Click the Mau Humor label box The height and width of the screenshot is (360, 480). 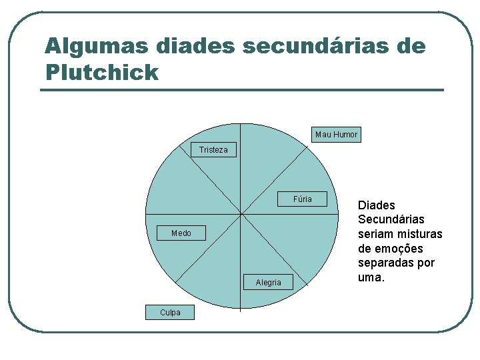pyautogui.click(x=336, y=135)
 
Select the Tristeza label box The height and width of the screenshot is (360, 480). pyautogui.click(x=213, y=150)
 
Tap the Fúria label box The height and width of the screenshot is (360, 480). pyautogui.click(x=302, y=199)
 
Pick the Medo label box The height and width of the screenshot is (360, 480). pyautogui.click(x=181, y=233)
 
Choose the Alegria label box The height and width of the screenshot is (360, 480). pyautogui.click(x=268, y=283)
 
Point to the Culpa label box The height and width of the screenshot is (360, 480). pyautogui.click(x=170, y=312)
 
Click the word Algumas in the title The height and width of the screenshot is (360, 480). pyautogui.click(x=96, y=47)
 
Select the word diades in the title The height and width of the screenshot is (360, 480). pyautogui.click(x=195, y=47)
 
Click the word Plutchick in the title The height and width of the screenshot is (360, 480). pyautogui.click(x=102, y=72)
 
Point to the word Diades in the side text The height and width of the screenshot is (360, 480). pyautogui.click(x=377, y=205)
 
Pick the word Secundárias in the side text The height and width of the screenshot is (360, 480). pyautogui.click(x=391, y=219)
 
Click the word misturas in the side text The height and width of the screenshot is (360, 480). pyautogui.click(x=421, y=234)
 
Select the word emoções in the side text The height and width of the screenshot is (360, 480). pyautogui.click(x=399, y=249)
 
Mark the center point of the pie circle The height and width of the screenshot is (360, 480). pyautogui.click(x=241, y=215)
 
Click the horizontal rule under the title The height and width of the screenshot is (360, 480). pyautogui.click(x=241, y=90)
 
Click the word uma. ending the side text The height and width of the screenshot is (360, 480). pyautogui.click(x=371, y=277)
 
